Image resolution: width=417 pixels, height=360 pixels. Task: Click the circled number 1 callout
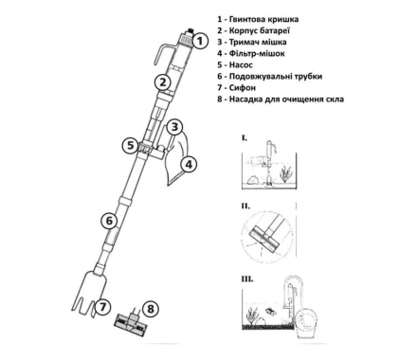[200, 41]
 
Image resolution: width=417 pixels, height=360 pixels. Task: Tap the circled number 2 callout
[163, 82]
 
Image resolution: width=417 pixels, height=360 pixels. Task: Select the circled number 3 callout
[174, 127]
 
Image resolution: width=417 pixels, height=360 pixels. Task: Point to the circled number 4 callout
[189, 165]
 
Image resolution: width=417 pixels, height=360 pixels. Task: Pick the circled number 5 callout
[131, 146]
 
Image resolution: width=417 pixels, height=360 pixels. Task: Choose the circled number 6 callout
[109, 221]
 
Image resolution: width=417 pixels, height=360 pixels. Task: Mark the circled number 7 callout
[103, 306]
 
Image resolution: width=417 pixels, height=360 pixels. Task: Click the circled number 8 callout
[151, 309]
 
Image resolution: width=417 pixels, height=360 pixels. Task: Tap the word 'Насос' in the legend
[241, 64]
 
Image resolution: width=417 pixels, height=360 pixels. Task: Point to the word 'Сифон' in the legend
[243, 87]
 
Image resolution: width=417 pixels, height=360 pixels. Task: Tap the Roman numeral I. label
[245, 137]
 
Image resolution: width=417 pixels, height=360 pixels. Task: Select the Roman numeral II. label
[245, 206]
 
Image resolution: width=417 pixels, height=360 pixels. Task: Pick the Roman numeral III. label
[247, 279]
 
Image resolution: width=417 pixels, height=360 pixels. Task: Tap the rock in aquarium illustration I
[252, 180]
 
